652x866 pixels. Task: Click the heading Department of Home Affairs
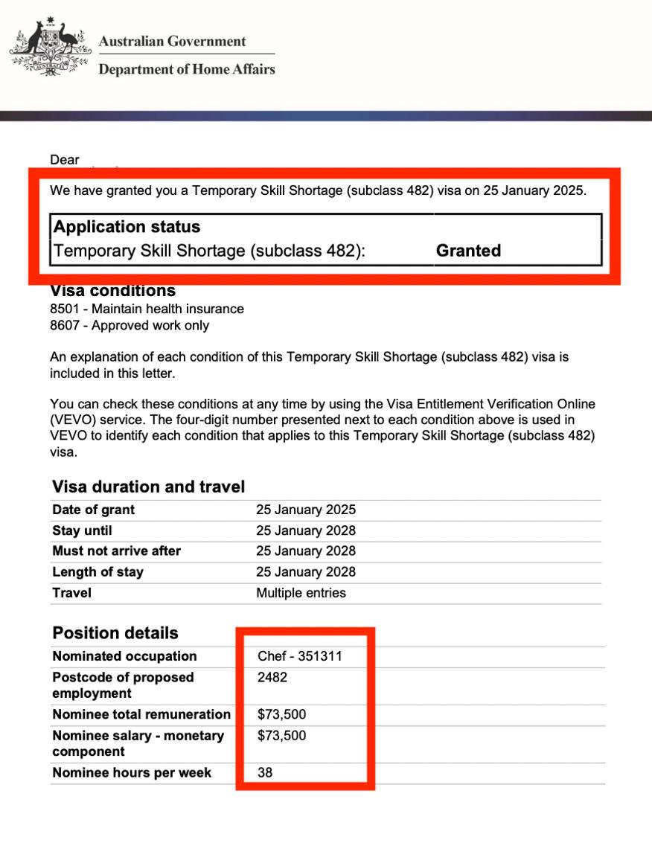[187, 70]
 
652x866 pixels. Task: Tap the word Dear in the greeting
[65, 159]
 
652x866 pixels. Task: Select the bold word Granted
[468, 251]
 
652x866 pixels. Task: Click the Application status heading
[127, 227]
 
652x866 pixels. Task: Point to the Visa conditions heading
[113, 291]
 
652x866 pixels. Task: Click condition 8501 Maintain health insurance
[147, 309]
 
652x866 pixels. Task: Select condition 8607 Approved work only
[130, 326]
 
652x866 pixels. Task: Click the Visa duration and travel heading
[148, 487]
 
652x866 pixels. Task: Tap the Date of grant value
[306, 510]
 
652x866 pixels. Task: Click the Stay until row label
[82, 531]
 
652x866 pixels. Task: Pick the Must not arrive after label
[116, 551]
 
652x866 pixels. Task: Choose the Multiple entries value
[301, 593]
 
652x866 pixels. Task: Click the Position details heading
[115, 633]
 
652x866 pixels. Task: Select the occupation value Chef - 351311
[301, 656]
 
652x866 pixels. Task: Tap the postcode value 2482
[272, 678]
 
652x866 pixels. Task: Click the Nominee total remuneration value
[281, 715]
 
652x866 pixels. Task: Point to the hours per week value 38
[265, 773]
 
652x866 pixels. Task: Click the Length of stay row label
[98, 572]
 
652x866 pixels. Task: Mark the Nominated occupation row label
[124, 656]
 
